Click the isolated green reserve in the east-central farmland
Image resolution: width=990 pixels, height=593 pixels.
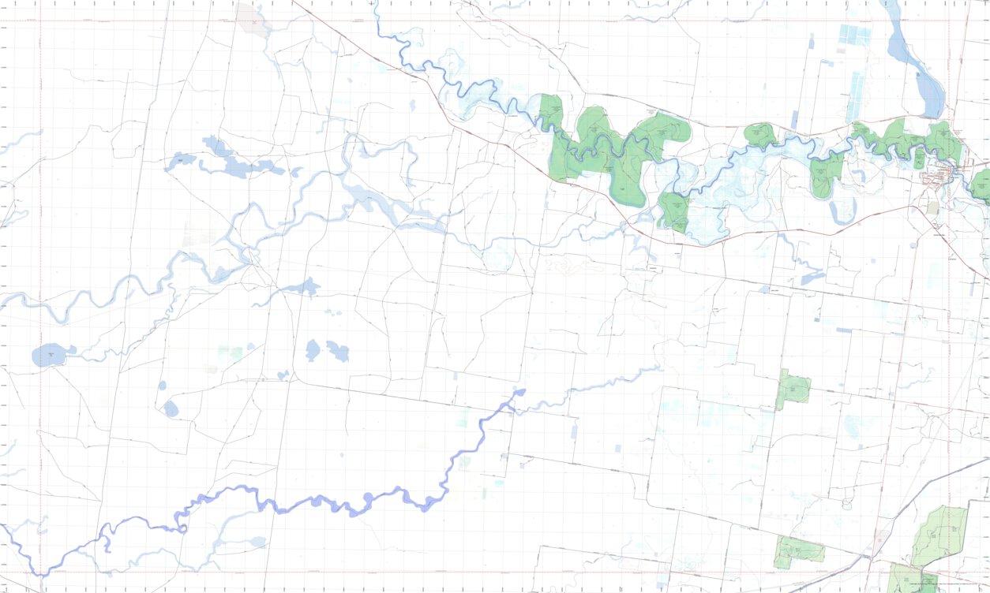(x=794, y=389)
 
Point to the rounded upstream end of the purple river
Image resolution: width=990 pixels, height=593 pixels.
(x=519, y=391)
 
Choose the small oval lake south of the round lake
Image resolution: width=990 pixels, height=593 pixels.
(x=171, y=408)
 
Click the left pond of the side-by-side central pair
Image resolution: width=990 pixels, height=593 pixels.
(x=313, y=350)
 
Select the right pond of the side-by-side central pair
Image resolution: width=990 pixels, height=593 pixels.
(x=338, y=351)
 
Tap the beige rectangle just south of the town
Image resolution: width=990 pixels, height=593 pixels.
(x=933, y=208)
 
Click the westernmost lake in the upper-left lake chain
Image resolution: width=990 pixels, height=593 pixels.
(x=181, y=162)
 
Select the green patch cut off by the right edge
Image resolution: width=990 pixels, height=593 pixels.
(x=981, y=186)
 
